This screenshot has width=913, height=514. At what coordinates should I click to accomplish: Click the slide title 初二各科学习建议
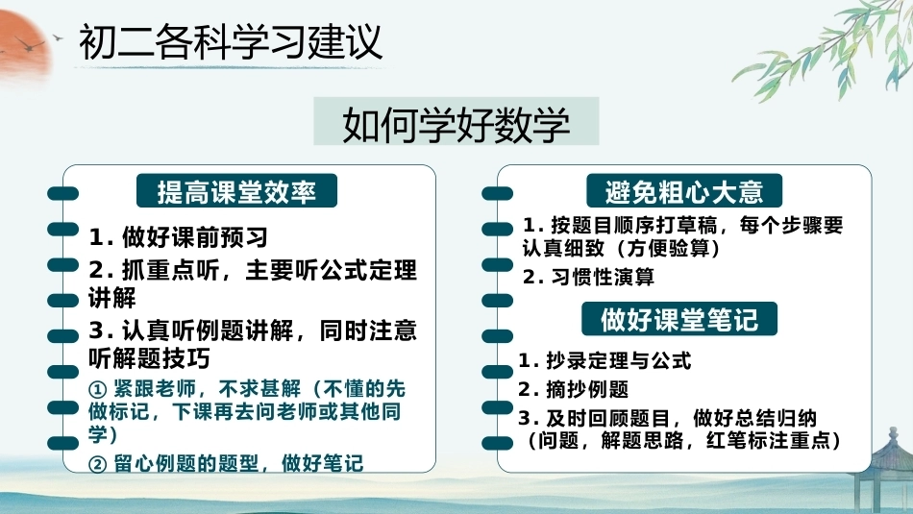coord(231,42)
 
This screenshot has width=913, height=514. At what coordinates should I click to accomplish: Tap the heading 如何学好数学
coord(456,124)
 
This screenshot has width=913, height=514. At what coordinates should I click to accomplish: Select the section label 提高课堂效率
coord(236,191)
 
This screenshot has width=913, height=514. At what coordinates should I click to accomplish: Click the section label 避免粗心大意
coord(684,191)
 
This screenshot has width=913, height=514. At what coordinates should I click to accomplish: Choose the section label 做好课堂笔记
coord(679,319)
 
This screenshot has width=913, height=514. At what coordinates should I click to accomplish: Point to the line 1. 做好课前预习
coord(178,237)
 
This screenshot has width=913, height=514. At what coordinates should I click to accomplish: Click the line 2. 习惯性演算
coord(588,277)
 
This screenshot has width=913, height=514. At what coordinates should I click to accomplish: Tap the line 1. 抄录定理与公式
coord(605,361)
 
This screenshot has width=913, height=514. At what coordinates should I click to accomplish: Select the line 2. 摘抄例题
coord(573,389)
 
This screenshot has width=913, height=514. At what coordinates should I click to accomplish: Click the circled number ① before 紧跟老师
coord(98,389)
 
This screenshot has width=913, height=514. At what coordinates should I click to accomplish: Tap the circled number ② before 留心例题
coord(98,464)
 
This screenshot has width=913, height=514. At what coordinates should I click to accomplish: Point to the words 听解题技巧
coord(149,358)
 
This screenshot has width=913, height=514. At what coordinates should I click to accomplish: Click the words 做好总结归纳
coord(754,418)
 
